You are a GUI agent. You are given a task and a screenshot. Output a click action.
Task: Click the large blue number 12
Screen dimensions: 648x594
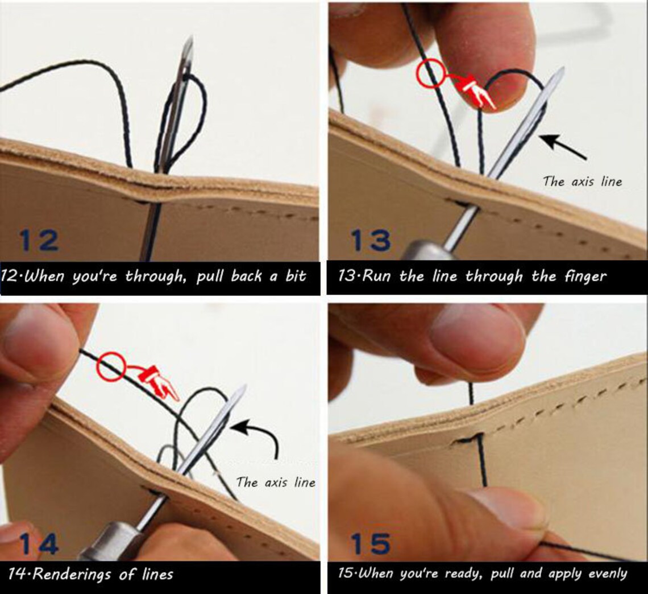pos(39,240)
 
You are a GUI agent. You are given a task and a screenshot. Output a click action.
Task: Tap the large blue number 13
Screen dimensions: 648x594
pos(371,240)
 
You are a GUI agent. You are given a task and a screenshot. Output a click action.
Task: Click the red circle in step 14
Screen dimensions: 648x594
pos(111,366)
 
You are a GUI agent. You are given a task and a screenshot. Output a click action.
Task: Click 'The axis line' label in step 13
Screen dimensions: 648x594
pos(582,181)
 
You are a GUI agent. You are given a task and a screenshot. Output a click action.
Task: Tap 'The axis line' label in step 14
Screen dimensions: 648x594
pos(276,482)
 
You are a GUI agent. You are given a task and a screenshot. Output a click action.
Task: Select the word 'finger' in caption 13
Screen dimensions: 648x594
pos(585,277)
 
